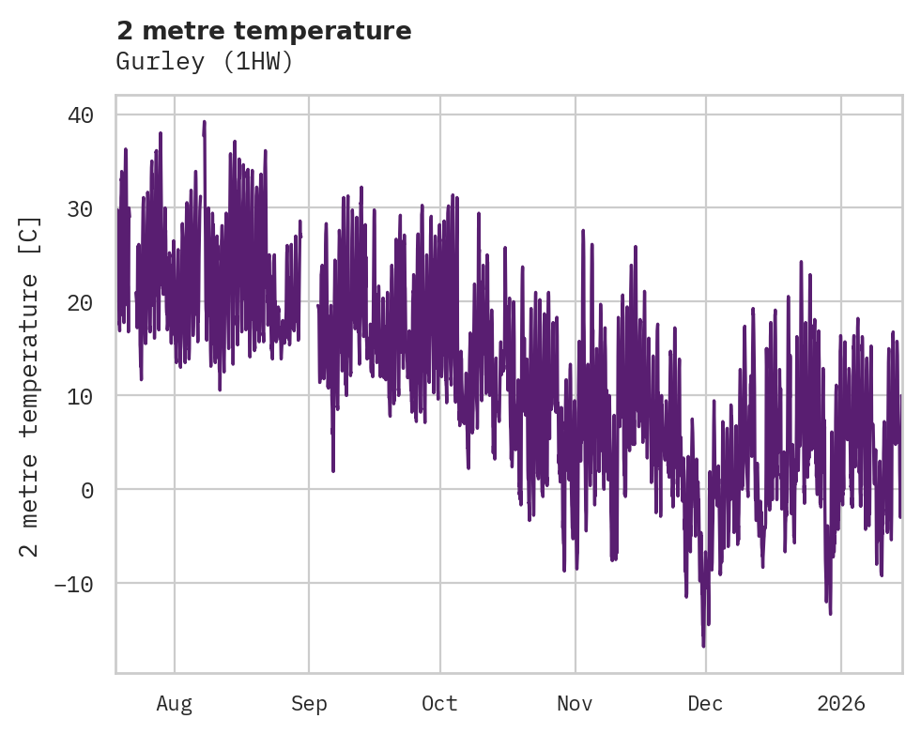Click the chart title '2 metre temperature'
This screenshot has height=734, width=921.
(x=264, y=31)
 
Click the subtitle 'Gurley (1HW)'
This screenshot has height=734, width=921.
(x=205, y=62)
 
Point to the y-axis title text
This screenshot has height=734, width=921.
(x=30, y=386)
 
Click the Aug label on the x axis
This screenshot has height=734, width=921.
(x=174, y=703)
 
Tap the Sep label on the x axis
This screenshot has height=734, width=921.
(x=309, y=703)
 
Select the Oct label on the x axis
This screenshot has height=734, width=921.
(x=439, y=703)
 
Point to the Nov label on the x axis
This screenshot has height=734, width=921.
(x=575, y=703)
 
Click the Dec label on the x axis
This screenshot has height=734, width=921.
(x=705, y=703)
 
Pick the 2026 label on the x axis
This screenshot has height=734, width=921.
(x=841, y=703)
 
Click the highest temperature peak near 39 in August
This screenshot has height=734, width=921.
(x=204, y=122)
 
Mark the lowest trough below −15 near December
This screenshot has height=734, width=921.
(x=703, y=646)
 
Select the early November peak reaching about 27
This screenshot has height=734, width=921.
(x=583, y=230)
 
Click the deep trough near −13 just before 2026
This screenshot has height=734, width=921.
(x=830, y=612)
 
